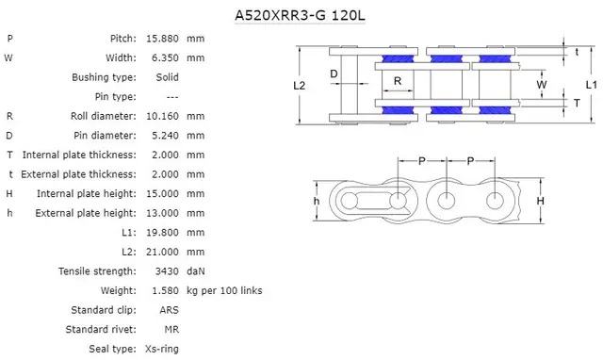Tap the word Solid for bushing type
166,77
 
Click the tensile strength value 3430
167,271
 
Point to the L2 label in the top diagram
300,85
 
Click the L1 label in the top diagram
590,85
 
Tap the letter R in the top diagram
398,82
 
